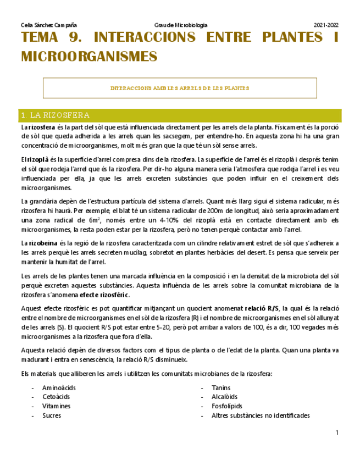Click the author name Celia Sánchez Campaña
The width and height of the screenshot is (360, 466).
(48, 25)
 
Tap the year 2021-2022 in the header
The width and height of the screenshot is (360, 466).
(326, 25)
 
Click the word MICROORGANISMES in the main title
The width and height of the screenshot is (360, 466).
(89, 56)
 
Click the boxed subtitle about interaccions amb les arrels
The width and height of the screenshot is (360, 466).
(180, 88)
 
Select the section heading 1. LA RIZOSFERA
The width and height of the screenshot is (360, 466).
(55, 115)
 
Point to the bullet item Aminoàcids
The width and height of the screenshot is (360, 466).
(59, 387)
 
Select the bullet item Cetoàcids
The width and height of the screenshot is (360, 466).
(57, 397)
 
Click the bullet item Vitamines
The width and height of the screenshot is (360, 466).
(56, 406)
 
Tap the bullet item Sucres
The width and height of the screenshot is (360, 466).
(52, 415)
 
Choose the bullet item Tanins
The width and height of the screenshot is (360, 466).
(221, 387)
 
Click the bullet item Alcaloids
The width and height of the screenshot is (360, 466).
(225, 397)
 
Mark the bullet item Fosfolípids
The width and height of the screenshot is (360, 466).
(227, 406)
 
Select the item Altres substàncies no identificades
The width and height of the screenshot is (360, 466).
(261, 415)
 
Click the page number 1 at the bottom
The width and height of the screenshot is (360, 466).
(337, 434)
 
